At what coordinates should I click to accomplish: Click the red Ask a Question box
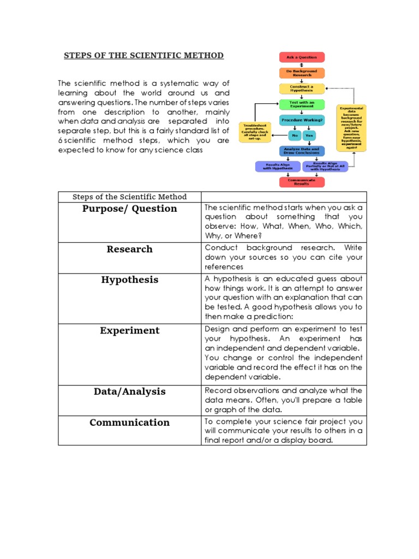(x=302, y=57)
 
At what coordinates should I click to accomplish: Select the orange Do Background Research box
(x=302, y=73)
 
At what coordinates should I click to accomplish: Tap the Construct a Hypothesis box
(x=302, y=88)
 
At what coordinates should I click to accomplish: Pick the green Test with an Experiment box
(x=302, y=104)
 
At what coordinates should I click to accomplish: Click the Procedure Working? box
(x=302, y=120)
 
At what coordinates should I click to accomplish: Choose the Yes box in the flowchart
(x=310, y=135)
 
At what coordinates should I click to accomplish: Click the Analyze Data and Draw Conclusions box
(x=302, y=151)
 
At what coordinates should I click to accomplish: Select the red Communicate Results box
(x=302, y=182)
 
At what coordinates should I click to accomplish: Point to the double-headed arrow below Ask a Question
(x=302, y=65)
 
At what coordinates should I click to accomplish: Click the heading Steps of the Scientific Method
(x=144, y=56)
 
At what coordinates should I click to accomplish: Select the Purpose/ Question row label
(x=130, y=209)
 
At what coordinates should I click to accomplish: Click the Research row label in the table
(x=130, y=249)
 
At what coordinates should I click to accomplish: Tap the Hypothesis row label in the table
(x=130, y=279)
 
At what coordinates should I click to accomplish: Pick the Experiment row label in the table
(x=130, y=330)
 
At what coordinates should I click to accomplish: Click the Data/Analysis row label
(x=130, y=391)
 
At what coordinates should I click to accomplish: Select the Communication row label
(x=130, y=422)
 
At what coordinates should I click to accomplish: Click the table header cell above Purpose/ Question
(x=130, y=197)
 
